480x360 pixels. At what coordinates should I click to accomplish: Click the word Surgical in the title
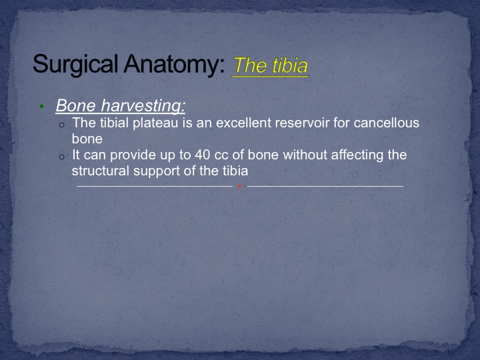tap(75, 65)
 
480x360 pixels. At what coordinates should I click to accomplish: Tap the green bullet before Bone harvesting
tap(41, 106)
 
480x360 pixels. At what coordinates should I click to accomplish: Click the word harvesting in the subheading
tap(143, 105)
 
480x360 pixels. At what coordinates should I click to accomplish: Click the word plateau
tap(155, 123)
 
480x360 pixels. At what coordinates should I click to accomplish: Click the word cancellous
tap(386, 123)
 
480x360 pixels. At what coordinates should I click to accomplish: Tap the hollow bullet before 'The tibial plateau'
tap(62, 125)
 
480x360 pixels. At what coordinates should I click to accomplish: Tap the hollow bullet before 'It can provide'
tap(62, 157)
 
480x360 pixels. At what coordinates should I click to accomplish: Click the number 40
tap(203, 155)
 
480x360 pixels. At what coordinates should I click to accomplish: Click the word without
tap(305, 155)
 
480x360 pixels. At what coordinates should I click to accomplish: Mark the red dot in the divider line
tap(240, 186)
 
